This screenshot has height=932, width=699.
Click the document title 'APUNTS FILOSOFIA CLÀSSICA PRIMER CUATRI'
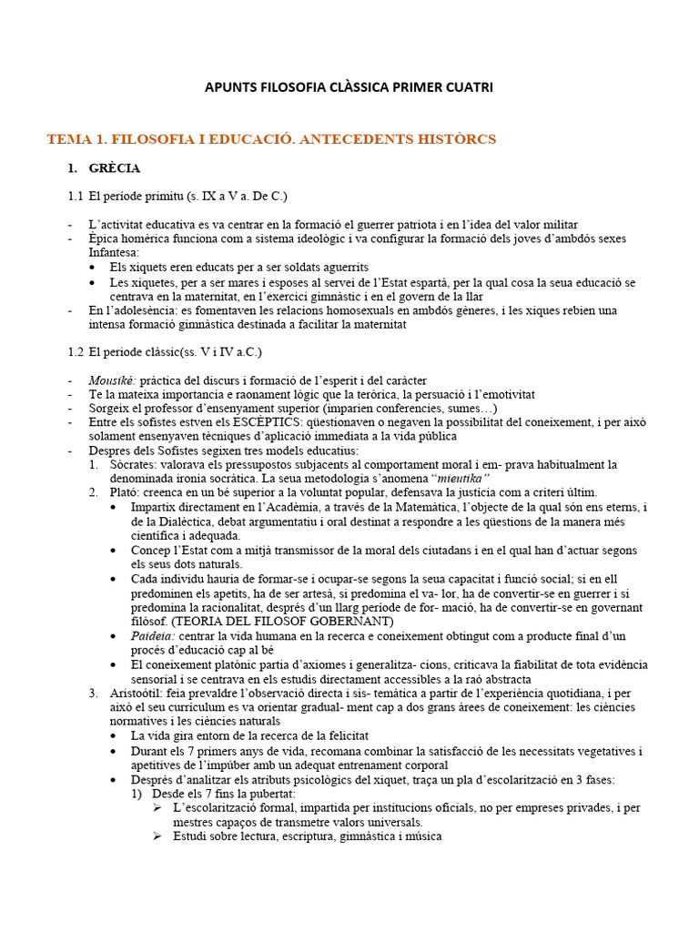[349, 87]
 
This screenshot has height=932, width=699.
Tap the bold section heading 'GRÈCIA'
[114, 168]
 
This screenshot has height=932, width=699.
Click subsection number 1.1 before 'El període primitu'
[76, 197]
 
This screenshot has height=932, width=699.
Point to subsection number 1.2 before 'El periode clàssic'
[76, 351]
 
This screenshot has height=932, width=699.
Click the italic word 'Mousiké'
[112, 380]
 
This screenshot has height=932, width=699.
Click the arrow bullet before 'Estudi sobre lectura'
[157, 836]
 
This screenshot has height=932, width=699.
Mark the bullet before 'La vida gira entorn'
[113, 734]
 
